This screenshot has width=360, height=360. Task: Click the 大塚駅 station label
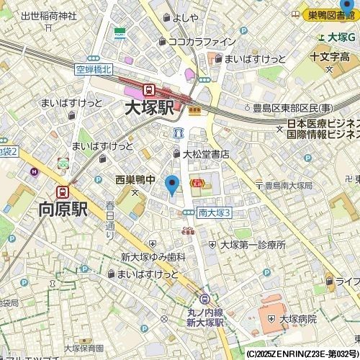coord(149,109)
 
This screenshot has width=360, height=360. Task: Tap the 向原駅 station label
coord(63,210)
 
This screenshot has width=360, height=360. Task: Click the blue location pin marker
coord(171,185)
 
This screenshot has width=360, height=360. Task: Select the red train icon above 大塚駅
coord(149,90)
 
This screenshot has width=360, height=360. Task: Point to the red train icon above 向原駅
coord(63,192)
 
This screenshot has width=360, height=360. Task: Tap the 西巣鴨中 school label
coord(135,180)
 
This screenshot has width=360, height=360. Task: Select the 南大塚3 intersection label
coord(214,212)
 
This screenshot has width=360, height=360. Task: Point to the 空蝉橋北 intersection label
coord(93,70)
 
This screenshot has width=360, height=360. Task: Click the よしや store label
coord(185,18)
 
